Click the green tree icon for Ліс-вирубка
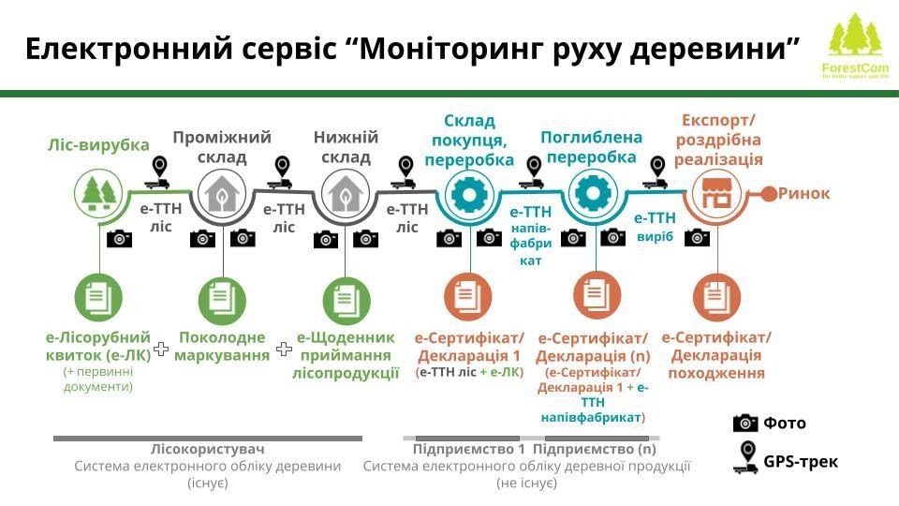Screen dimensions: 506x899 click(x=99, y=194)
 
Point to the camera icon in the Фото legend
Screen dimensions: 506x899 click(x=745, y=423)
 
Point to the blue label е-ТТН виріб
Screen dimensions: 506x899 click(x=656, y=227)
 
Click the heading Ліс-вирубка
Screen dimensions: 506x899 click(x=98, y=145)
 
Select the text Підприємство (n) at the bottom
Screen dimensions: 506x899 click(x=595, y=449)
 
